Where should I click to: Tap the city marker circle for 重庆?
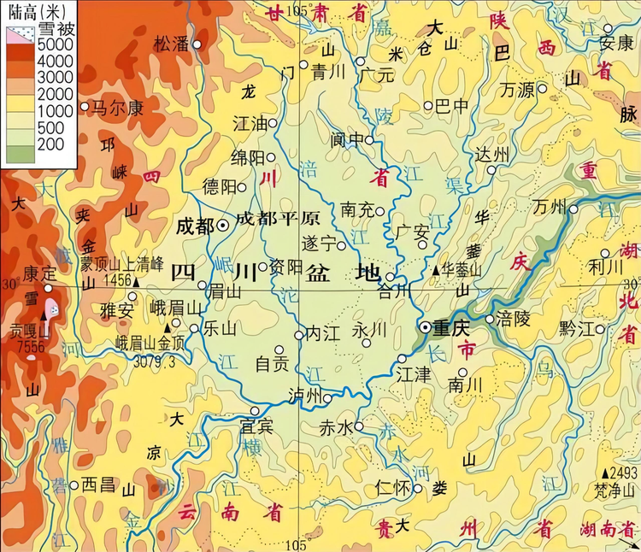(x=426, y=327)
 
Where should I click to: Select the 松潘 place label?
(x=170, y=44)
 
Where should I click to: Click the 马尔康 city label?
(x=117, y=108)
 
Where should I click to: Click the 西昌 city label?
(x=97, y=484)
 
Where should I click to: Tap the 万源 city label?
(x=517, y=88)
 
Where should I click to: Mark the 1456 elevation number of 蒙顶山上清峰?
(x=115, y=280)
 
